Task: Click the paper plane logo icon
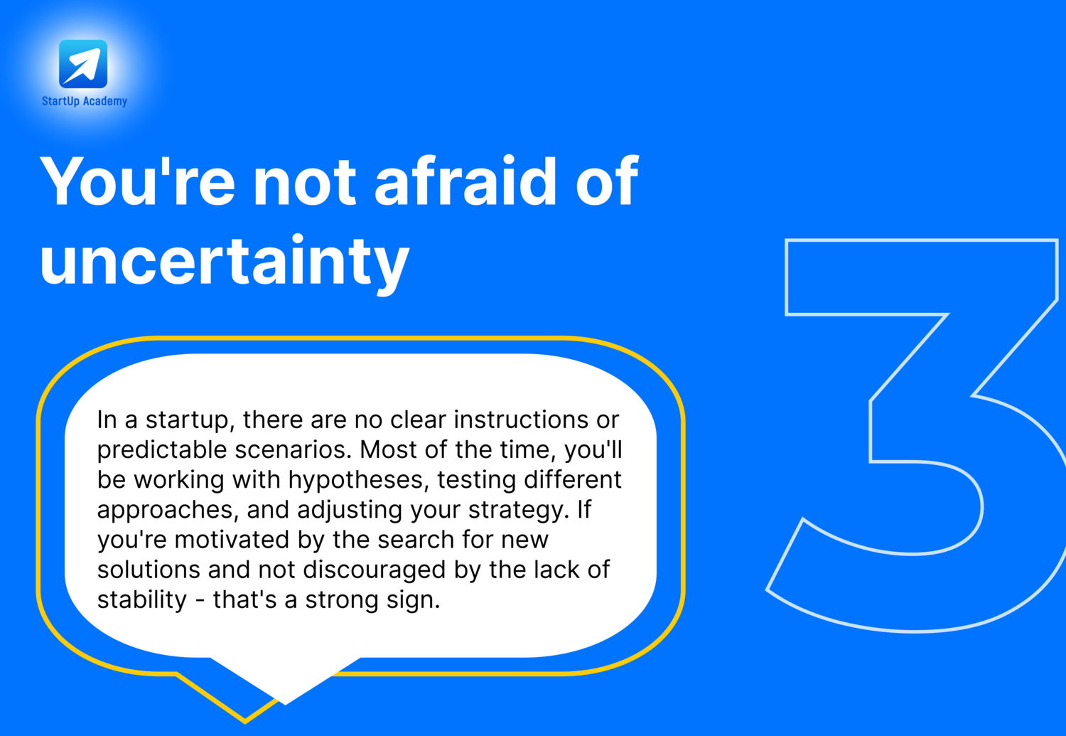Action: (x=83, y=64)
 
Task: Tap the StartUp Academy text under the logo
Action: (x=85, y=101)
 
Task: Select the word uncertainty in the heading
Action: (x=225, y=261)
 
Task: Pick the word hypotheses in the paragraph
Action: (x=355, y=479)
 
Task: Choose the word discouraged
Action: (x=375, y=570)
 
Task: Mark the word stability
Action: (x=142, y=600)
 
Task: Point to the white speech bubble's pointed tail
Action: (x=286, y=703)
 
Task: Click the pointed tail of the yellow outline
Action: (x=245, y=722)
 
